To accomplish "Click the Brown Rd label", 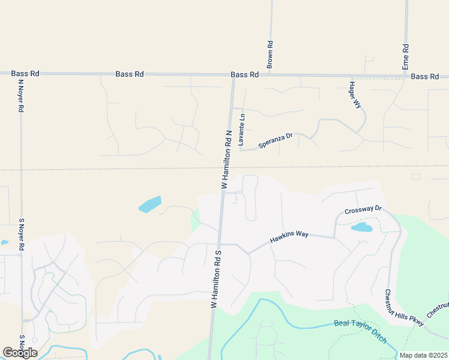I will (270, 55).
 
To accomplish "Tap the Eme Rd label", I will (406, 56).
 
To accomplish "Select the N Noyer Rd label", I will (20, 96).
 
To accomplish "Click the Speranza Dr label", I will (275, 140).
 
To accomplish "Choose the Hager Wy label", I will (355, 95).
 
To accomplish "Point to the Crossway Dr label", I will (363, 209).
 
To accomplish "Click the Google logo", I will (20, 352).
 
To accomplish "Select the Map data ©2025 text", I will (423, 355).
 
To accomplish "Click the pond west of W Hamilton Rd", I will (150, 205).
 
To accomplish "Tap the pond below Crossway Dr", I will (361, 227).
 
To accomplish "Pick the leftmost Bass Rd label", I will (25, 74).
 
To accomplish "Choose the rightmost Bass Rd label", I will (425, 76).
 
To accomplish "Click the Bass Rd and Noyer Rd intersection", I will (20, 74).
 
